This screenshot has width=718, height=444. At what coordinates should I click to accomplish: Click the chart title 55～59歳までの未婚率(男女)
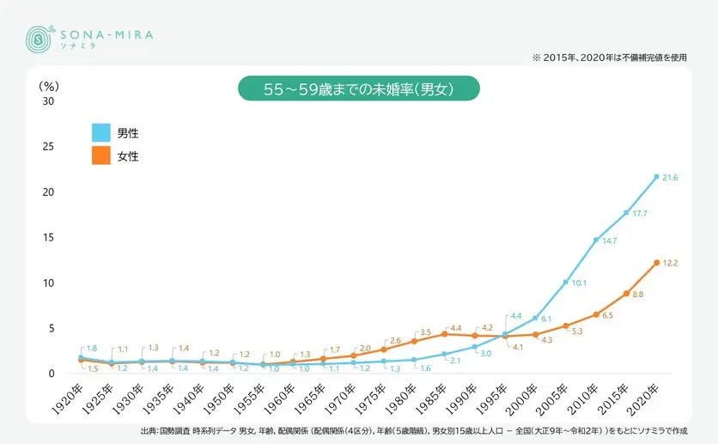358,88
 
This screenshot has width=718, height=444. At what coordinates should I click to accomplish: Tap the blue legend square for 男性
101,132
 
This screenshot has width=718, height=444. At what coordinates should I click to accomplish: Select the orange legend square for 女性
101,155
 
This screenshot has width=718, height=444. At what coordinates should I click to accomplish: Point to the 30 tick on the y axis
48,100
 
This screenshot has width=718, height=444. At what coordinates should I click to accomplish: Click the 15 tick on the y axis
48,237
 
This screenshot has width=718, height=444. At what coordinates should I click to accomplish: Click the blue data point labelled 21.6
656,177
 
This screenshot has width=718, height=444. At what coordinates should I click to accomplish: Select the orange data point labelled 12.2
656,263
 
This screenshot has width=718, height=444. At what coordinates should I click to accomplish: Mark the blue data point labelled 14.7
596,240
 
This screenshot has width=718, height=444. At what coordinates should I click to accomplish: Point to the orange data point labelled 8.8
626,294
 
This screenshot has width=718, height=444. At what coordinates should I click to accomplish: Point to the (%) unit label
48,85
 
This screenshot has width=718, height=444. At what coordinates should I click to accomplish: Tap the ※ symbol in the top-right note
537,58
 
